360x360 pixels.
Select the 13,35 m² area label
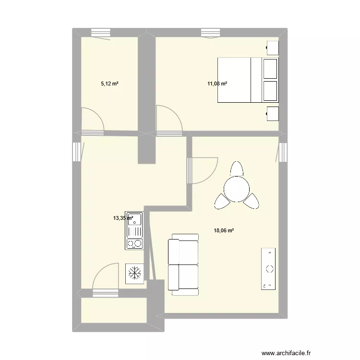pos(123,218)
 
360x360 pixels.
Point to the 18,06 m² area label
pos(224,230)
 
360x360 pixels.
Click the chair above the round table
pos(237,169)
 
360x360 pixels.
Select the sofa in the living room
pos(183,264)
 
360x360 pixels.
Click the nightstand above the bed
pos(272,48)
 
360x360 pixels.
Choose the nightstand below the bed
pos(272,114)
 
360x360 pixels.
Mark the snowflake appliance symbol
pos(134,273)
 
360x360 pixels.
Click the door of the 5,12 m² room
pos(92,120)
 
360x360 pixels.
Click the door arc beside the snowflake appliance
pos(106,277)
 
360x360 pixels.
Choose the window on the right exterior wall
pos(284,152)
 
